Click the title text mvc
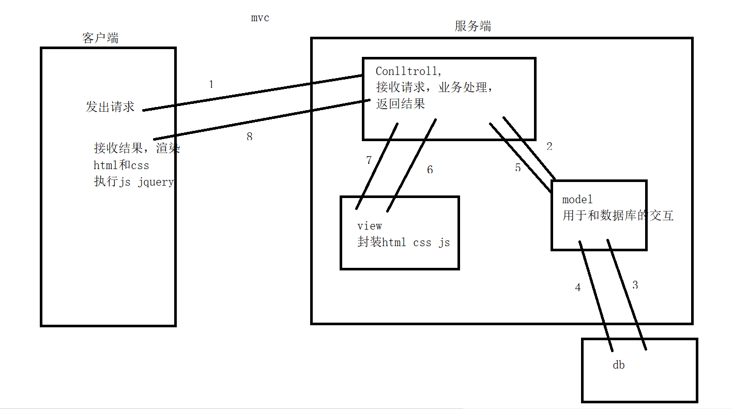pos(260,18)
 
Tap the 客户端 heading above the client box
pos(100,38)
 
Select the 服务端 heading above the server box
pos(473,26)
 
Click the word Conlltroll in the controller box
pos(406,71)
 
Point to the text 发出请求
pos(110,107)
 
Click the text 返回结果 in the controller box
pos(401,103)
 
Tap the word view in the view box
pos(370,226)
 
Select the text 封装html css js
pos(403,243)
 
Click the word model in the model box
pos(577,200)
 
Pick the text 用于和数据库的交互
pos(618,216)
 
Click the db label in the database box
pos(618,365)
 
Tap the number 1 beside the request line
pos(211,84)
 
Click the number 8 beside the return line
pos(250,137)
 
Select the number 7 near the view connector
pos(369,160)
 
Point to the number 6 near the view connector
pos(430,170)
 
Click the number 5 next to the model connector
pos(518,168)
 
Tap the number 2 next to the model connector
pos(549,146)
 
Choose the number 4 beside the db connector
pos(578,287)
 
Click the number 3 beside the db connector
pos(635,285)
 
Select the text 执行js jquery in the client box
pos(134,182)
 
